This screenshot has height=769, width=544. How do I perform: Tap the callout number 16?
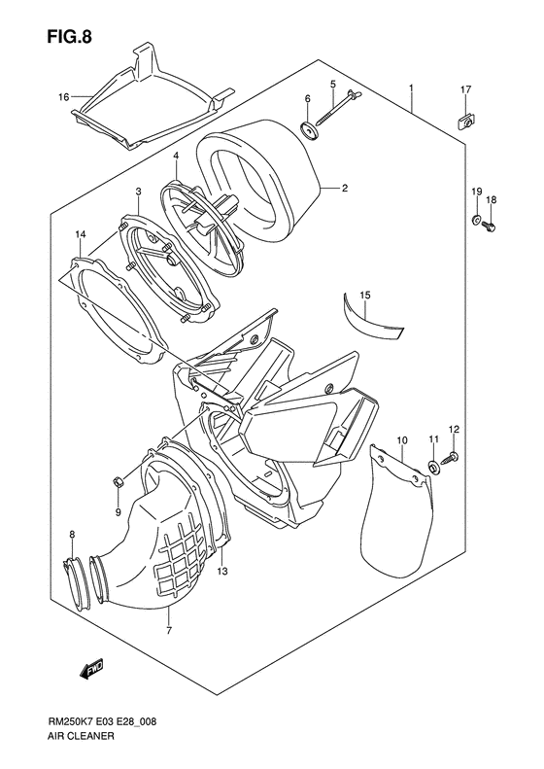coord(63,96)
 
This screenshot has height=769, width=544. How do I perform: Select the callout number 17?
coord(465,90)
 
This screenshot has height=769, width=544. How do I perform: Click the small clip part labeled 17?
coord(466,121)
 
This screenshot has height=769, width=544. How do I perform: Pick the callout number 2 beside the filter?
coord(344,190)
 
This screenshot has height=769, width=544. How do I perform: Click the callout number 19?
coord(477,190)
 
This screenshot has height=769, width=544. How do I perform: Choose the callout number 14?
coord(80,235)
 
